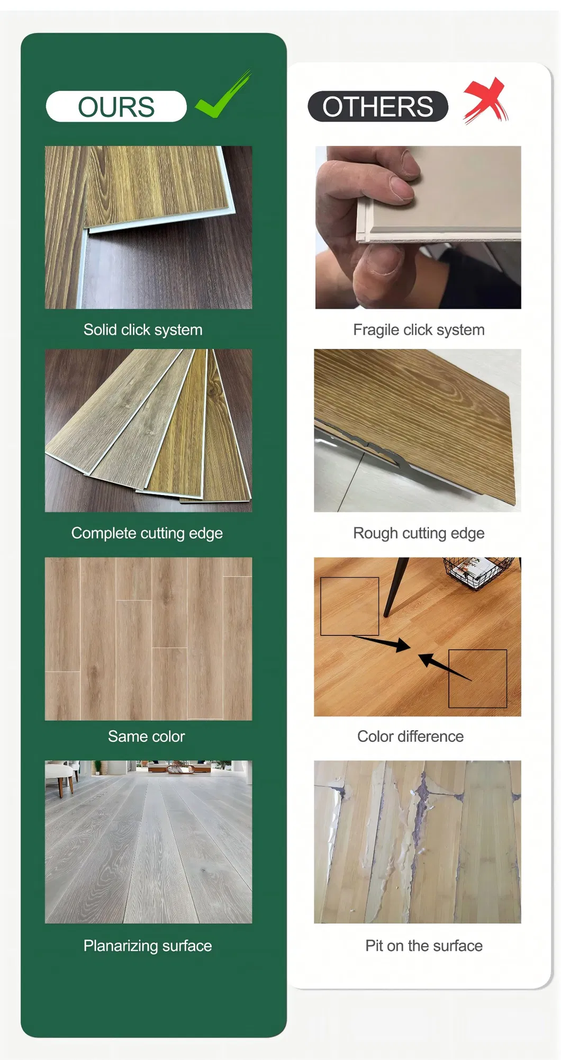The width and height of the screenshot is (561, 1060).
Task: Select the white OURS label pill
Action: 116,106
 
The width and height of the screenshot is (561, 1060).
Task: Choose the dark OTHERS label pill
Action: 378,106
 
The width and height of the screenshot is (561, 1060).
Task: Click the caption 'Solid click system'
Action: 143,330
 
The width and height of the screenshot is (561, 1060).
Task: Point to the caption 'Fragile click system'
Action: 419,330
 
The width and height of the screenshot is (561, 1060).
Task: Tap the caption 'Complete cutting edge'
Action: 147,533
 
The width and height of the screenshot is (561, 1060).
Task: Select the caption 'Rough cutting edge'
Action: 419,533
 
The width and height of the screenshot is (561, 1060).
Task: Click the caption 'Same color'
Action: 147,736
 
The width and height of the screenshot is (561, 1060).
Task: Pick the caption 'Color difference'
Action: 410,736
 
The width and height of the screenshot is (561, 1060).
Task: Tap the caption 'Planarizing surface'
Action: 148,946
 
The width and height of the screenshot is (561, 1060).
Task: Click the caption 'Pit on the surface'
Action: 424,946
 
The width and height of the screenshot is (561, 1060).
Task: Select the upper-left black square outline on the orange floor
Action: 350,606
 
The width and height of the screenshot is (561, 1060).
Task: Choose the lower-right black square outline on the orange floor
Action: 478,679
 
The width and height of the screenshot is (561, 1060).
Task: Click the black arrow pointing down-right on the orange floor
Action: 381,643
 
